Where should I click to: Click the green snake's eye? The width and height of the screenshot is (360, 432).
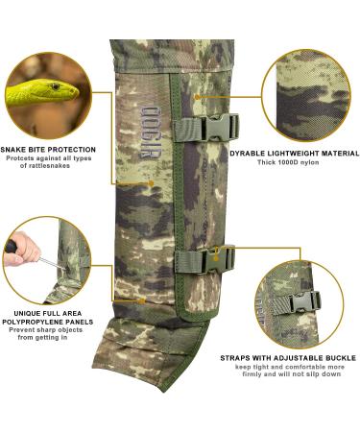point(53,89)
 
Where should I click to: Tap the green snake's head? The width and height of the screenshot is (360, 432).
point(54,93)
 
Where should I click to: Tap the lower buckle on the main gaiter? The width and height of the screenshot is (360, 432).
point(219,257)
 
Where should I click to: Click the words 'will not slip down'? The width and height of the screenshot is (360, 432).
point(308,375)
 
